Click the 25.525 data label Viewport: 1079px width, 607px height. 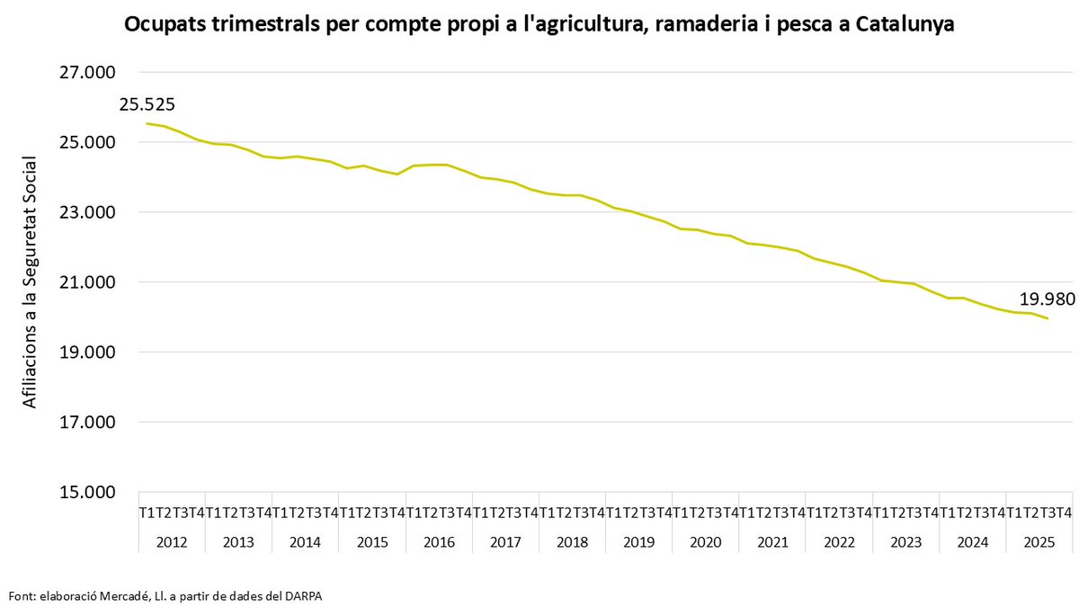click(147, 105)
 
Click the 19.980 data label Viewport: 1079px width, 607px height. click(1047, 299)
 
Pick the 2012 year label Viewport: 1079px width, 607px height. click(172, 542)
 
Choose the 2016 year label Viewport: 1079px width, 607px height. click(439, 542)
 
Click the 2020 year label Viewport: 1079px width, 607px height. click(706, 542)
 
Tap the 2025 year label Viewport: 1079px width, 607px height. click(1039, 542)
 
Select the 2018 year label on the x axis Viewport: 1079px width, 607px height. click(572, 542)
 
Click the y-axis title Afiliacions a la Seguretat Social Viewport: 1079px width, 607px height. click(30, 281)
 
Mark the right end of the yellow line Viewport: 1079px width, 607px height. click(1048, 318)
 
